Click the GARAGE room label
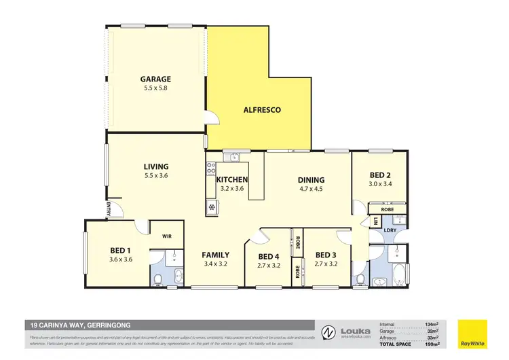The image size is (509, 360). click(155, 79)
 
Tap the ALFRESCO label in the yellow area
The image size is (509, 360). click(262, 109)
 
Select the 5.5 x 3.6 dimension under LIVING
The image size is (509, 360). click(155, 176)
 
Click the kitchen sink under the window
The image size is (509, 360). click(234, 158)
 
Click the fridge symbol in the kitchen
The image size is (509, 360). click(212, 207)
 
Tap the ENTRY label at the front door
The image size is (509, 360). click(109, 210)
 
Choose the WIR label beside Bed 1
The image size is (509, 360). click(167, 236)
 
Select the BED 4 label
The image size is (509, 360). click(268, 256)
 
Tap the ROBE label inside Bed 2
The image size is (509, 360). click(387, 210)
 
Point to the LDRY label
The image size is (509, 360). click(391, 230)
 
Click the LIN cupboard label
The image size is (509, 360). click(375, 221)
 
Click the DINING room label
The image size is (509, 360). click(311, 180)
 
